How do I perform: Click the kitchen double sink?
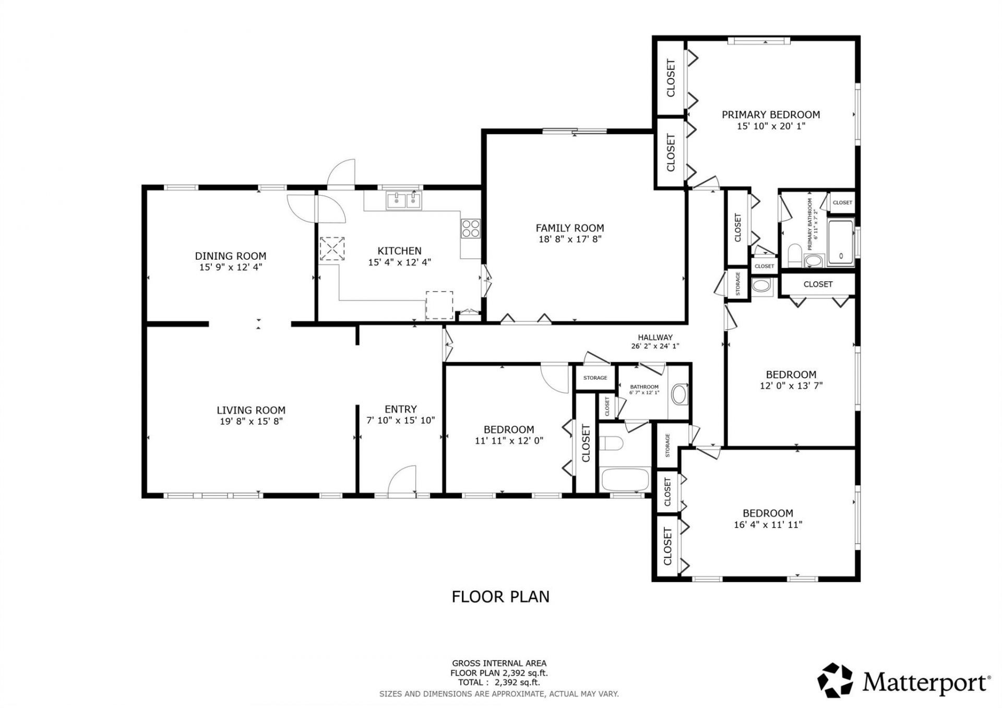tap(403, 200)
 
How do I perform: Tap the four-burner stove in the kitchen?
tap(470, 229)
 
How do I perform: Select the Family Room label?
tap(569, 228)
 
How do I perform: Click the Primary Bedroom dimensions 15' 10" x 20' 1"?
tap(771, 126)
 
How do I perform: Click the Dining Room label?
tap(230, 256)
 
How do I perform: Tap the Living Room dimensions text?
tap(251, 421)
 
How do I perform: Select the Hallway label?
tap(655, 337)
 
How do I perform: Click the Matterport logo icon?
tap(835, 680)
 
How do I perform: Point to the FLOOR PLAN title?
tap(500, 596)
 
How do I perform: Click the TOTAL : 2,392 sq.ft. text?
tap(499, 682)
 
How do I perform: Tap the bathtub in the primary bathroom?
tap(841, 243)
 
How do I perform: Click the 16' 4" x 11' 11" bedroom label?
tap(768, 519)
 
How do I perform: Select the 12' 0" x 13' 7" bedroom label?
tap(791, 380)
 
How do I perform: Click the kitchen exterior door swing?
tap(342, 174)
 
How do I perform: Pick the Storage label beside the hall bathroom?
tap(595, 378)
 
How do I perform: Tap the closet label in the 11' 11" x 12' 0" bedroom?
tap(586, 442)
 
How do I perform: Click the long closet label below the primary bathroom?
tap(818, 284)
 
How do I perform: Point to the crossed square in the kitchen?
tap(332, 248)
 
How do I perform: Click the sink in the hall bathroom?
tap(679, 394)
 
